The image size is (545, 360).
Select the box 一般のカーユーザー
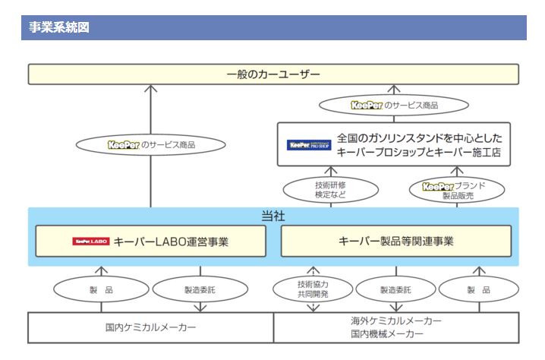pos(273,74)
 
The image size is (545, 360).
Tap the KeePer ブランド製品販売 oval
pos(458,188)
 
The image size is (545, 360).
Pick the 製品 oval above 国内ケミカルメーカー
pos(101,289)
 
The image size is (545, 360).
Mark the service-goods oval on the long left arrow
pos(150,142)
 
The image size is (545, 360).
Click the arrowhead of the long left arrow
pos(150,89)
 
